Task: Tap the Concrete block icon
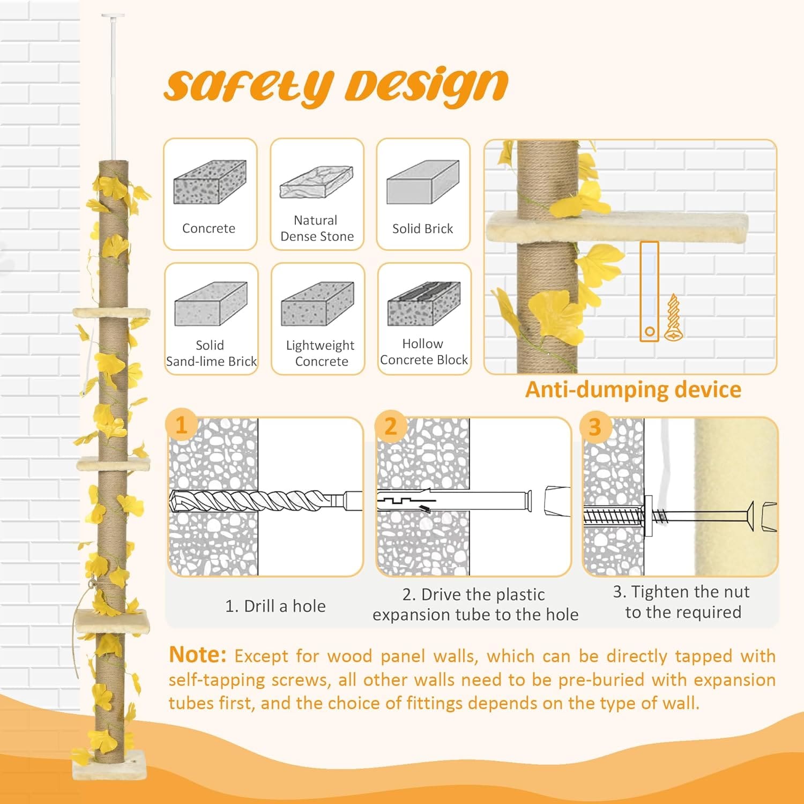[x=210, y=182]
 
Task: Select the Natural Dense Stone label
[x=317, y=228]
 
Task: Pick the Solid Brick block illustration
[x=423, y=182]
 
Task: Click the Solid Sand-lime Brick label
[x=211, y=353]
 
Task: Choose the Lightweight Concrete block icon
[x=317, y=304]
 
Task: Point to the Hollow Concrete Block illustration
[x=424, y=303]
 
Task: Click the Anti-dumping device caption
[x=633, y=389]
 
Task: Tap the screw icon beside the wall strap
[x=673, y=317]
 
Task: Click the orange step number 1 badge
[x=181, y=425]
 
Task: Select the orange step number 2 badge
[x=391, y=426]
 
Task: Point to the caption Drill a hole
[x=276, y=606]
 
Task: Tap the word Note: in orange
[x=198, y=654]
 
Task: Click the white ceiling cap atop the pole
[x=113, y=16]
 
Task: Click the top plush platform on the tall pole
[x=111, y=312]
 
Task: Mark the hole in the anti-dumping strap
[x=649, y=331]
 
